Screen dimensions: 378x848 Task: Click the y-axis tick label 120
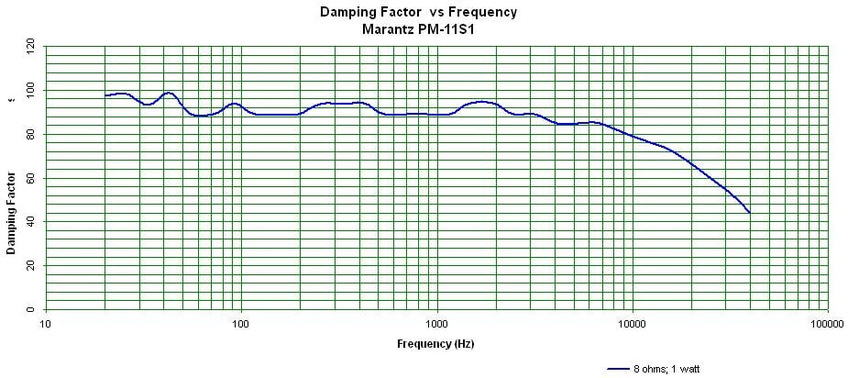pos(30,44)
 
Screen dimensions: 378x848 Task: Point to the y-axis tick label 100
pos(30,90)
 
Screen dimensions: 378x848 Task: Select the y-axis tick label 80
pos(30,134)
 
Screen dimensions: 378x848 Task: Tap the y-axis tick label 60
pos(30,177)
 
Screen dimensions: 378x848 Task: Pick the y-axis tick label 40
pos(30,221)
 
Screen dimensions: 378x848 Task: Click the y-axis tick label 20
pos(30,265)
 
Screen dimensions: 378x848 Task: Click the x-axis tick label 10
pos(45,324)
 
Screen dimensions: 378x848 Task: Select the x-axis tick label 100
pos(241,324)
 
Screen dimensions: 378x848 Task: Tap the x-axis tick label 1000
pos(437,324)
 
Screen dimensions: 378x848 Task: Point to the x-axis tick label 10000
pos(632,324)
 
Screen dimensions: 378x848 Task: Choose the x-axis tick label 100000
pos(827,324)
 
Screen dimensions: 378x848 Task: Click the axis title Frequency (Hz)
pos(435,344)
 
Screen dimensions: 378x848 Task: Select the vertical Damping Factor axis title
pos(11,213)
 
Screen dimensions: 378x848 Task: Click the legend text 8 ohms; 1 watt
pos(666,369)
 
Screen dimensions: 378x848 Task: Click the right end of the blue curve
pos(749,212)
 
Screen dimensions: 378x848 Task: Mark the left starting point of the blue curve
pos(105,95)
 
